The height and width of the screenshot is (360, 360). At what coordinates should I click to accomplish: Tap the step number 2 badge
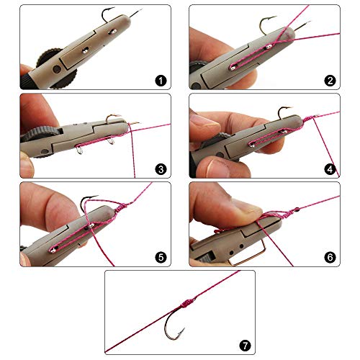(330, 81)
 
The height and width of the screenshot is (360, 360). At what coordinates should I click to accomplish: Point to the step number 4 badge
(330, 170)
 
